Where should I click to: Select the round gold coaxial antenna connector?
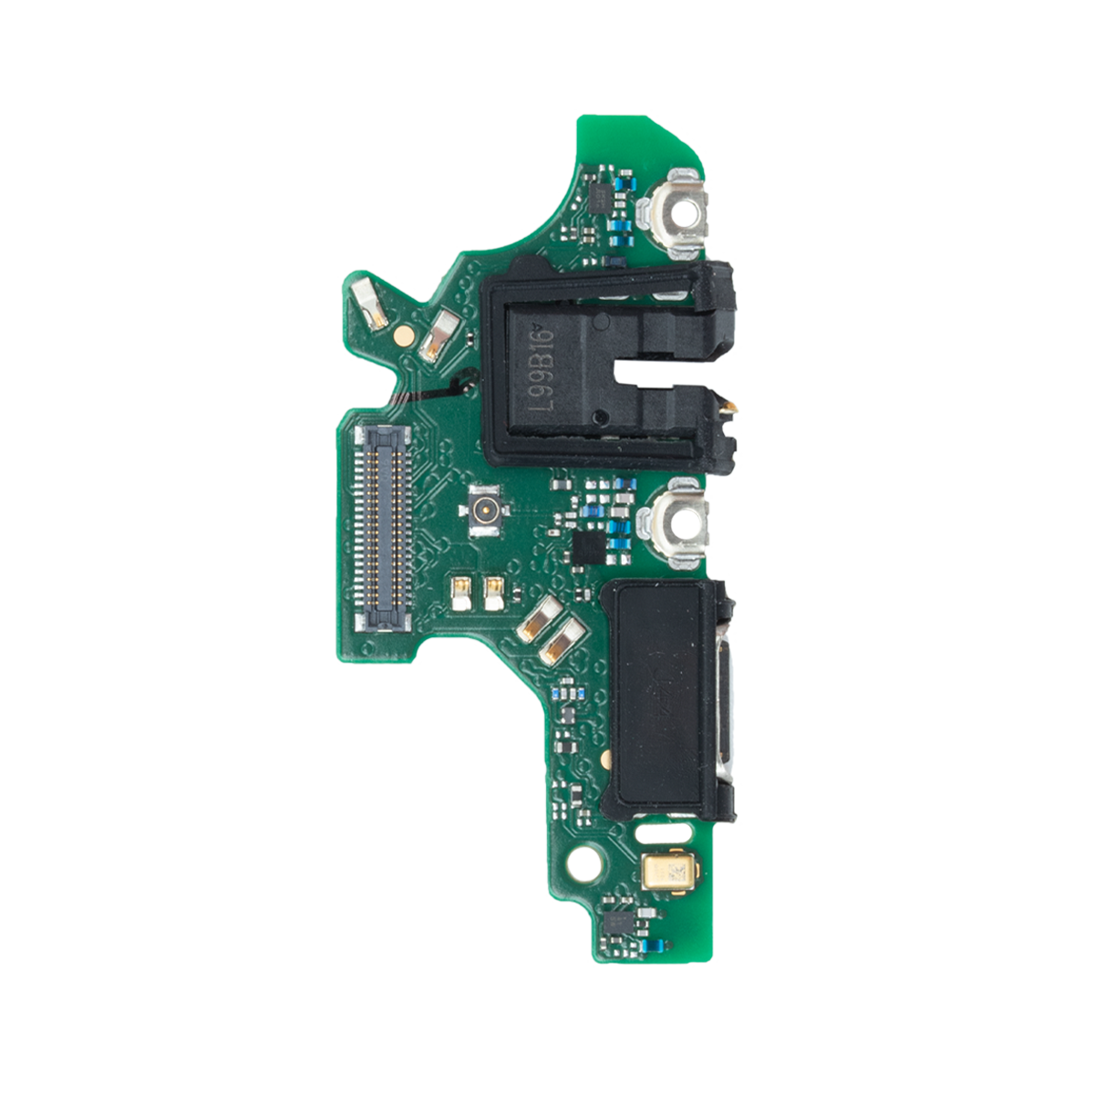(x=484, y=511)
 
